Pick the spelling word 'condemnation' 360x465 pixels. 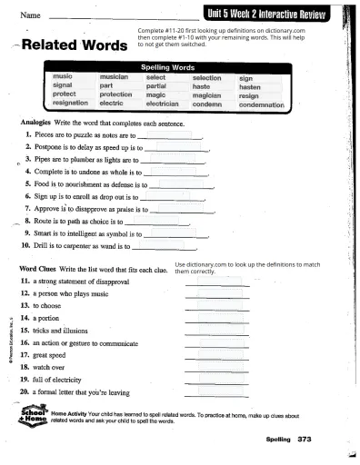point(269,104)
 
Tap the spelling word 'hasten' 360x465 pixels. point(250,87)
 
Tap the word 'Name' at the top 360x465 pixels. point(31,15)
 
